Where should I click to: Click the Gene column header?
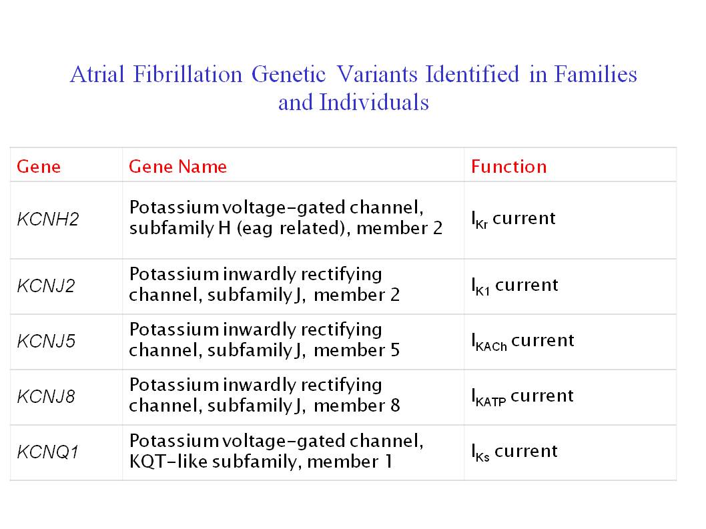[39, 167]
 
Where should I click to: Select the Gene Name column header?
[178, 167]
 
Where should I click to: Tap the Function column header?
[508, 167]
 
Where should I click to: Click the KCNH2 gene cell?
[48, 219]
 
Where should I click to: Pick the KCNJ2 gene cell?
[46, 286]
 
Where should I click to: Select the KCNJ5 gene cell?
[46, 342]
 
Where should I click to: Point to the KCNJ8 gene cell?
[46, 397]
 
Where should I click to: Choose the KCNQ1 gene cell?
[48, 452]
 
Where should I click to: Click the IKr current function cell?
[513, 219]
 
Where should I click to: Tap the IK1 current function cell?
[514, 286]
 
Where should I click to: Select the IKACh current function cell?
[522, 342]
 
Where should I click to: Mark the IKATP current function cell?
[522, 397]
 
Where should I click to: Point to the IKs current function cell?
[514, 452]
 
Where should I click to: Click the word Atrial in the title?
[97, 74]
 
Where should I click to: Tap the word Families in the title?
[595, 74]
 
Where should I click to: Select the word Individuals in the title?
[374, 102]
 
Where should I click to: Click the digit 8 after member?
[395, 406]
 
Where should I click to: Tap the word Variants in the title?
[377, 74]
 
